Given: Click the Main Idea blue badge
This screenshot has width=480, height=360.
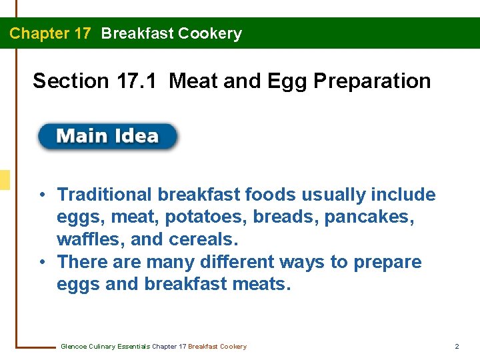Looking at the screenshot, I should [108, 137].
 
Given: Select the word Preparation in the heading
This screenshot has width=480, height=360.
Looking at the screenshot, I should [372, 81].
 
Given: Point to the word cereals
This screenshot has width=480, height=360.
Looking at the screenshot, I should [205, 239].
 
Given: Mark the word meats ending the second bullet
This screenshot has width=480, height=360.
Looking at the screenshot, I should [264, 285].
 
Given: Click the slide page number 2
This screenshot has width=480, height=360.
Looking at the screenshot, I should [457, 347].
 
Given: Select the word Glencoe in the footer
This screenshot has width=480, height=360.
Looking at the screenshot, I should [73, 347].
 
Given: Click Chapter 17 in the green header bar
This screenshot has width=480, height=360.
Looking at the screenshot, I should [50, 33].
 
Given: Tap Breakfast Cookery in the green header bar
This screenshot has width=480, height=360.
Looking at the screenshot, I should [171, 33].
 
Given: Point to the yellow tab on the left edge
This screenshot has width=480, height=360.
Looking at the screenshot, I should [5, 180].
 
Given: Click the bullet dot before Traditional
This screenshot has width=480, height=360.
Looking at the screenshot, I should [42, 195].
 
